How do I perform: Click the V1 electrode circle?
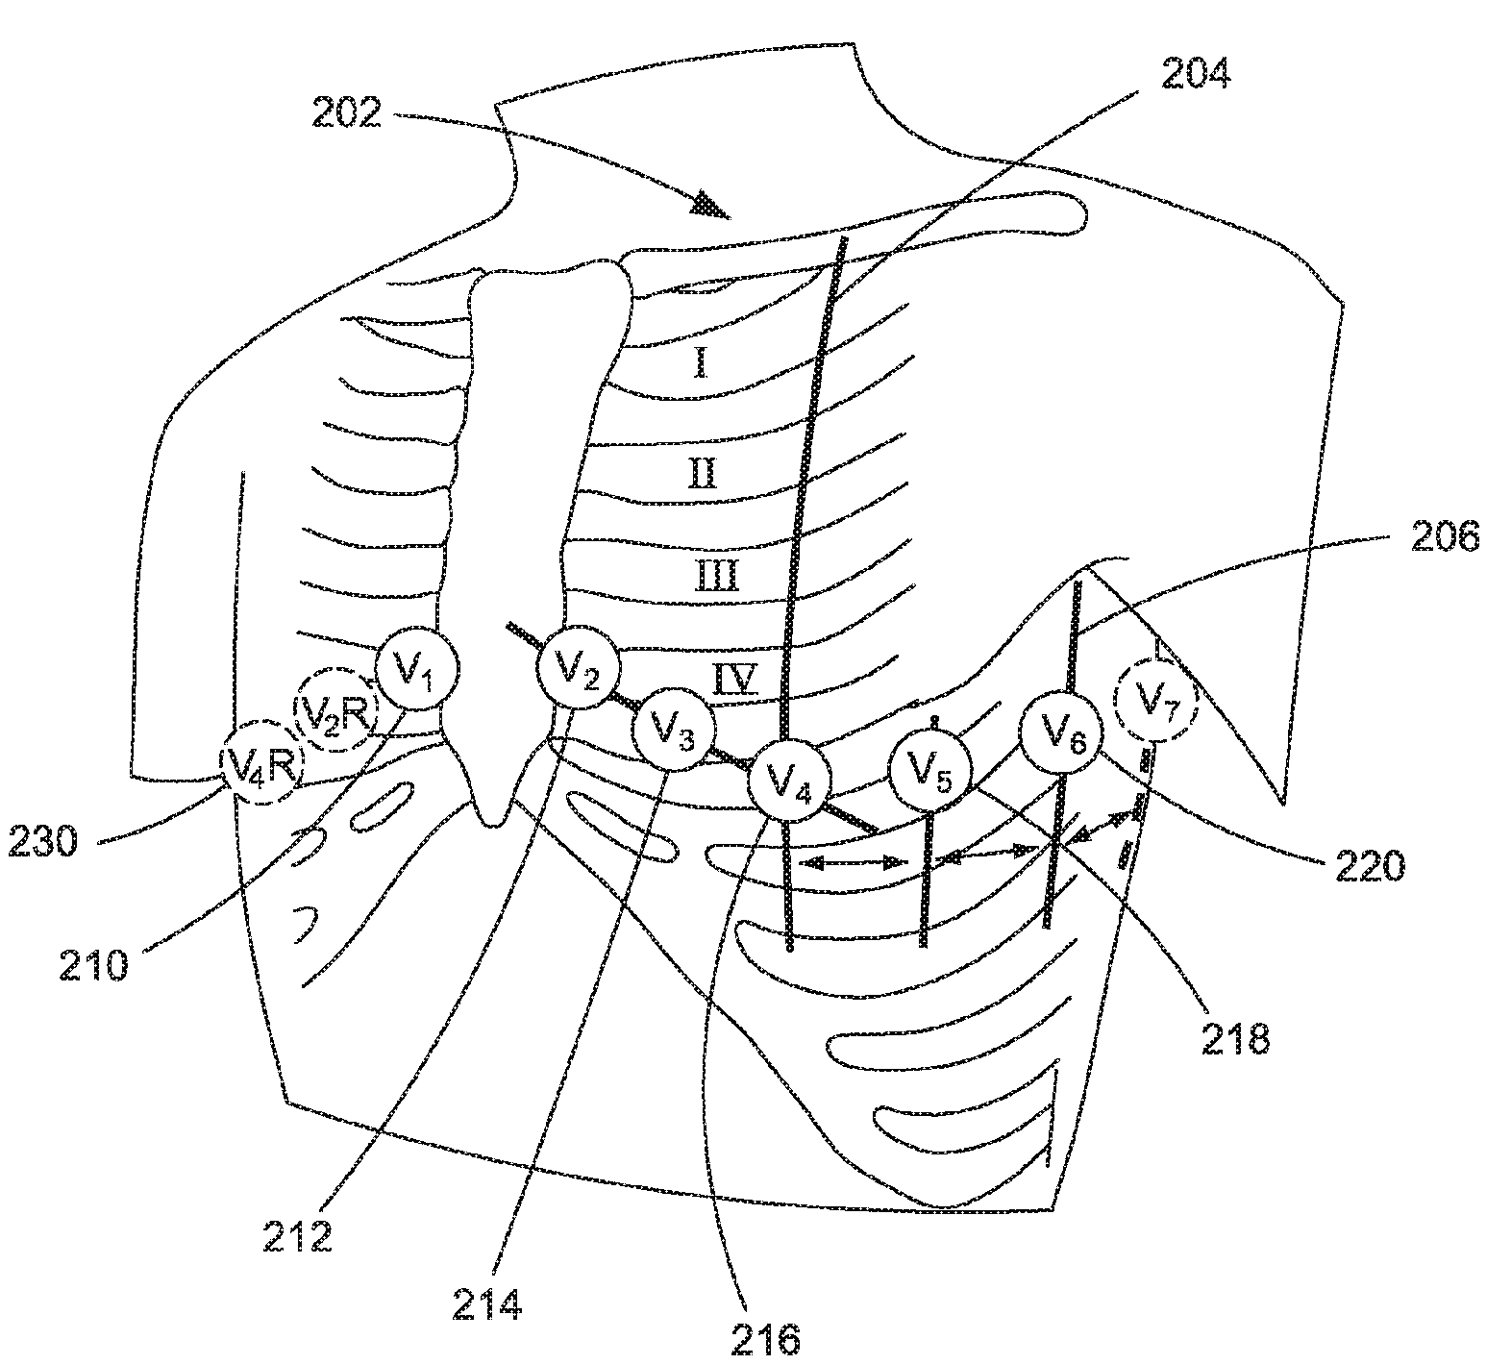coord(416,669)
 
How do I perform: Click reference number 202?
coord(346,113)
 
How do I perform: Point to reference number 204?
coord(1194,73)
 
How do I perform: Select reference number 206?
coord(1445,538)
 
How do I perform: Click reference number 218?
coord(1235,1038)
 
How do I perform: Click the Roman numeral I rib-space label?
coord(701,362)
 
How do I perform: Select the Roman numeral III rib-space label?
coord(716,578)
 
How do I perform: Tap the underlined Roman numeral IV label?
coord(735,679)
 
